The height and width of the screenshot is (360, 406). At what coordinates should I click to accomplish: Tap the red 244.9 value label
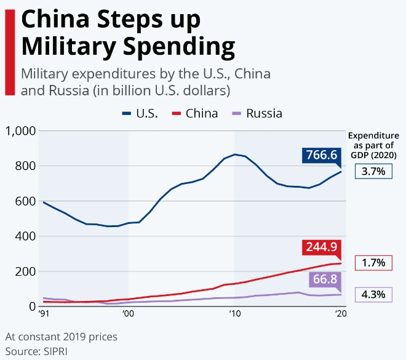coord(322,247)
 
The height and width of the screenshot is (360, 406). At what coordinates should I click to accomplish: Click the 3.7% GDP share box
coord(374,171)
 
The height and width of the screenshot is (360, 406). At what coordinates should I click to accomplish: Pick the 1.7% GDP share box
coord(374,263)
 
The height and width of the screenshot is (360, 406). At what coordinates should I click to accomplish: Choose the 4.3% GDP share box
coord(374,295)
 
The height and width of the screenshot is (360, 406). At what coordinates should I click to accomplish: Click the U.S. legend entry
coord(140,113)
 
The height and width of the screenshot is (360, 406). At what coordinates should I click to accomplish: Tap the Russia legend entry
coord(257,113)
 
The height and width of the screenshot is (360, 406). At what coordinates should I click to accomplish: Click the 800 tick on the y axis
coord(25,166)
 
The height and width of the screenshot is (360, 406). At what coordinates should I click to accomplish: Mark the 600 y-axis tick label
coord(25,201)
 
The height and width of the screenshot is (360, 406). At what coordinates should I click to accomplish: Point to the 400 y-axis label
coord(25,236)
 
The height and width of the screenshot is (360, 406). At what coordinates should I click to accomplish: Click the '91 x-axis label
coord(44,314)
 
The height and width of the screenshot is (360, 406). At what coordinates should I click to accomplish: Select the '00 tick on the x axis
coord(128,314)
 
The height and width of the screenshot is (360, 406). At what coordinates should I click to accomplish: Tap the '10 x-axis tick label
coord(234,314)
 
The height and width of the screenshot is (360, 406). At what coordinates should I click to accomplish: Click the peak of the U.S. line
coord(234,154)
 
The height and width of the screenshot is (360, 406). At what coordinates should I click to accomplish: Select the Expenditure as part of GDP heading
coord(373,145)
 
